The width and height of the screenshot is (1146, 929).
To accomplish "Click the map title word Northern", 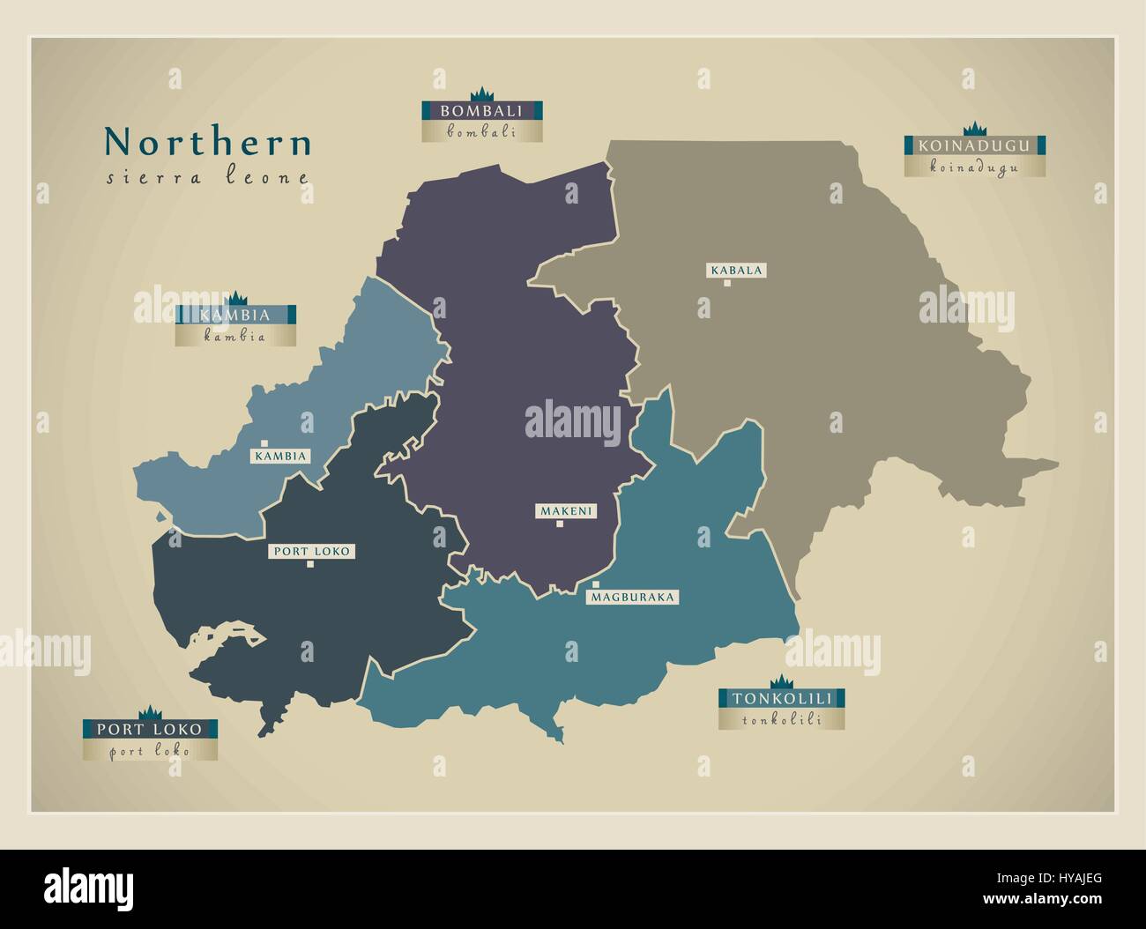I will [x=208, y=143].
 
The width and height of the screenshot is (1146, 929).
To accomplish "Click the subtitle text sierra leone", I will [x=208, y=177].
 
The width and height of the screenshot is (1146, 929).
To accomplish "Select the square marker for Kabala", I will [x=727, y=284].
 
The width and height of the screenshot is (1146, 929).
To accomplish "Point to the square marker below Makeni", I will [x=559, y=524].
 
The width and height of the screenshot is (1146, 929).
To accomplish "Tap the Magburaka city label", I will [x=633, y=597].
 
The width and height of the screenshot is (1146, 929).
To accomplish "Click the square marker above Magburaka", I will [x=596, y=584].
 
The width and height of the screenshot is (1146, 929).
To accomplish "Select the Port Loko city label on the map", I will [x=312, y=551].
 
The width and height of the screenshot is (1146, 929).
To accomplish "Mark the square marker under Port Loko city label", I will [x=309, y=565].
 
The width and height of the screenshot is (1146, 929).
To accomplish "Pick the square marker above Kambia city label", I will [x=264, y=443].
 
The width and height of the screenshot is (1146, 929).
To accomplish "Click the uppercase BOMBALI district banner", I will [x=481, y=111].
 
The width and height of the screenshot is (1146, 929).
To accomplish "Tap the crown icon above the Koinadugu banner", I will [x=975, y=129].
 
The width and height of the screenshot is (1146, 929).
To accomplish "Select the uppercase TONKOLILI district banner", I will [x=781, y=699].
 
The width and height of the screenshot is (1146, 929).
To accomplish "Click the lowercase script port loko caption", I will [x=150, y=751].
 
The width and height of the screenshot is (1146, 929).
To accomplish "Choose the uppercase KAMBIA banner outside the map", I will [x=234, y=315].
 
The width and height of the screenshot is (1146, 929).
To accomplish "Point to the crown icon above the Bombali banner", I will [x=481, y=95].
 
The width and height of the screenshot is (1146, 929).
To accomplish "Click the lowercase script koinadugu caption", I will [x=974, y=167].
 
